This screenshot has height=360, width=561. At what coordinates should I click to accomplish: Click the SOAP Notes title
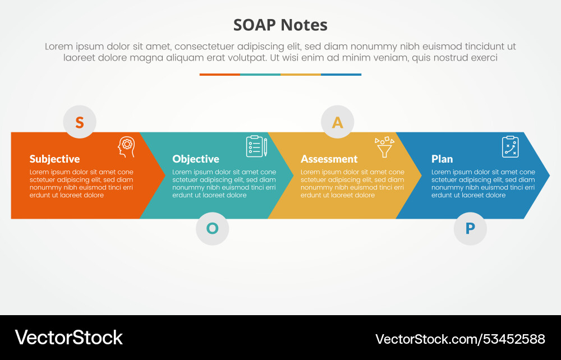280,25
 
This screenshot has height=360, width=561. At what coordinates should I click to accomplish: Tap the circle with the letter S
80,122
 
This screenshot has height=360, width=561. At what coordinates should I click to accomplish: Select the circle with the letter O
212,228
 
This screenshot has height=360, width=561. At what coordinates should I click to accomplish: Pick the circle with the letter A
337,122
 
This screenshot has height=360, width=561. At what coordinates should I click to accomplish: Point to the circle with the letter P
470,228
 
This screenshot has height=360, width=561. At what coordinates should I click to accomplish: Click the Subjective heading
54,159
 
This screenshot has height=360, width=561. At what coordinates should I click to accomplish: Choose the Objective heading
195,159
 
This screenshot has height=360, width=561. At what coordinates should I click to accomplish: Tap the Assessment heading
329,159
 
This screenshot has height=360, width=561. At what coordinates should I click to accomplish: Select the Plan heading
442,159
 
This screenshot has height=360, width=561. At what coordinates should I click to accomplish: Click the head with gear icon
126,147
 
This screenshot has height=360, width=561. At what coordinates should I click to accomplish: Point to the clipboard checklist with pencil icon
256,146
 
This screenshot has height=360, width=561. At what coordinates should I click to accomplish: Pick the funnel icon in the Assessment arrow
384,147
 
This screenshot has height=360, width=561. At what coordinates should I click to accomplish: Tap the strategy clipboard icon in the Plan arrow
510,147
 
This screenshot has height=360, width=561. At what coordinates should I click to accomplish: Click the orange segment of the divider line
220,75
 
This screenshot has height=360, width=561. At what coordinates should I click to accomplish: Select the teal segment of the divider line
260,75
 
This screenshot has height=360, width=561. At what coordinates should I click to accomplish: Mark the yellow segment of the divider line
301,75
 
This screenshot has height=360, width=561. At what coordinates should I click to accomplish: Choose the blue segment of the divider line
341,75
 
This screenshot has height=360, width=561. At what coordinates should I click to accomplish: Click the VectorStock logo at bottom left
68,338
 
